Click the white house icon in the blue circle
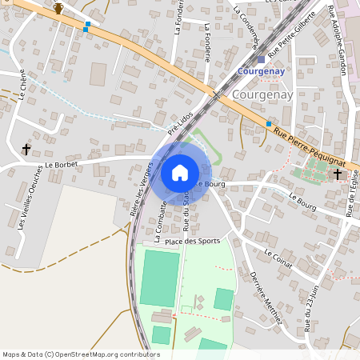coord(180,173)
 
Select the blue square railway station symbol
coord(261,58)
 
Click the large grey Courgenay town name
coord(264,94)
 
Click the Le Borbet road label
coord(61,165)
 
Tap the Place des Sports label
coord(192,239)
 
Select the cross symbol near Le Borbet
coord(26,149)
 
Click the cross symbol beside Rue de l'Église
coord(338,174)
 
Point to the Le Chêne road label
coord(23,84)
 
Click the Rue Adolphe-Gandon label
coord(337,40)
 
